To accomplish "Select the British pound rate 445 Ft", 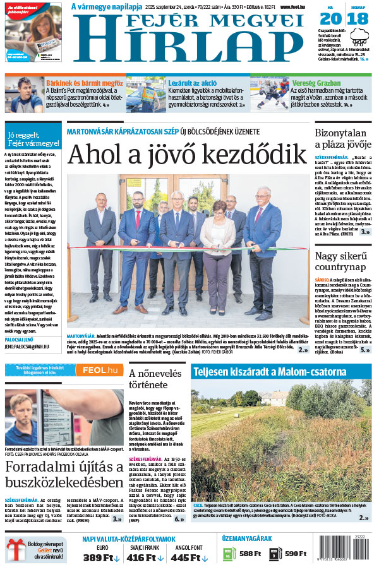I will pos(189,557).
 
